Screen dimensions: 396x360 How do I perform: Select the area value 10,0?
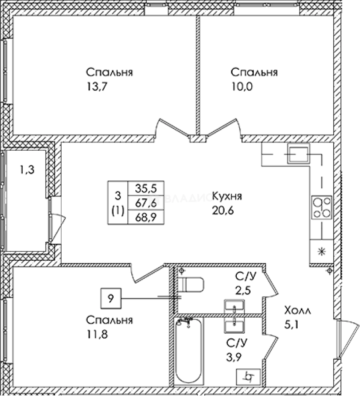click(242, 87)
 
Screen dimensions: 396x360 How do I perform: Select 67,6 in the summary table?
click(146, 202)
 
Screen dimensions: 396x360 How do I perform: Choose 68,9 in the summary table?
click(146, 216)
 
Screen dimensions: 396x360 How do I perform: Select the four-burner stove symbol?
click(322, 208)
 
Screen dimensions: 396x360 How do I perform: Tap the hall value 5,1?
click(291, 324)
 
